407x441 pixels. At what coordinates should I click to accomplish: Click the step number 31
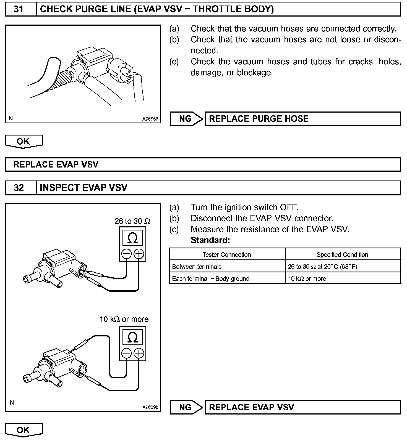19,9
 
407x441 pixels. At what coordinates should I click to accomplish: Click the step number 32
19,188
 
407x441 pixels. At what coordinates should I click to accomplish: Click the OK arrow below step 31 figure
24,141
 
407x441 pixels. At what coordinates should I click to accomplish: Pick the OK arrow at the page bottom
24,430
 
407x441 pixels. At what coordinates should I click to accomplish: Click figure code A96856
150,119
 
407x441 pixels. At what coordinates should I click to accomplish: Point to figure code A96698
150,407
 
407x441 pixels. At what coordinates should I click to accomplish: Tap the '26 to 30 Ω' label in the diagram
132,221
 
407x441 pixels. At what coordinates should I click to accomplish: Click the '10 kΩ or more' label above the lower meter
124,319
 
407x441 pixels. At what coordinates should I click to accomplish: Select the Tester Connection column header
227,255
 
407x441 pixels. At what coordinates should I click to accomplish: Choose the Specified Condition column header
342,255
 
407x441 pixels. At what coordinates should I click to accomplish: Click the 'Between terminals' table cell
197,267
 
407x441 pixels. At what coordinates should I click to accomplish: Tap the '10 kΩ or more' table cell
307,279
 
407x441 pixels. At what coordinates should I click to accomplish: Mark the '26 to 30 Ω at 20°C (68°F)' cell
322,267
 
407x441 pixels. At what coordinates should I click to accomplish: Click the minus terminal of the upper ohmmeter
126,254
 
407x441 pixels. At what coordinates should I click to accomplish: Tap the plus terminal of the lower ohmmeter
139,353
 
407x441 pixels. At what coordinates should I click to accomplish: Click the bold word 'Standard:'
210,240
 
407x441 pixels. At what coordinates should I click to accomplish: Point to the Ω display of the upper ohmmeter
132,238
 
